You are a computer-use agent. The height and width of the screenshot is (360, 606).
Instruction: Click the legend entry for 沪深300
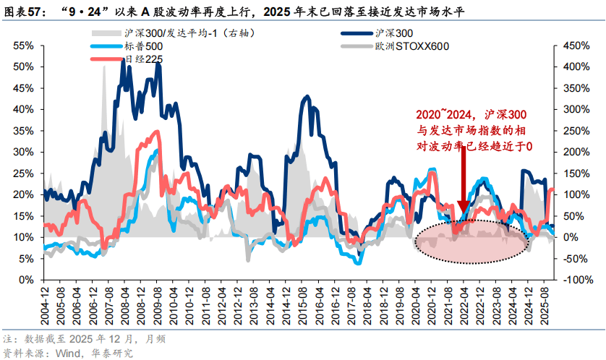coord(395,33)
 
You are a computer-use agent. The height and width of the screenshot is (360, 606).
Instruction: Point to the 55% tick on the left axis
coord(25,46)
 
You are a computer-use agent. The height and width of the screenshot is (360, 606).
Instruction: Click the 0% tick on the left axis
coord(27,280)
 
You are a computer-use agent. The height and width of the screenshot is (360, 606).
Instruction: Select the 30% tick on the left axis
coord(25,152)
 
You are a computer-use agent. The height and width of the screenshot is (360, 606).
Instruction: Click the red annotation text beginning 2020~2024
coord(474,130)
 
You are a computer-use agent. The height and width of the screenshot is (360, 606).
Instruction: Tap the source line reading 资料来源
coord(68,353)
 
